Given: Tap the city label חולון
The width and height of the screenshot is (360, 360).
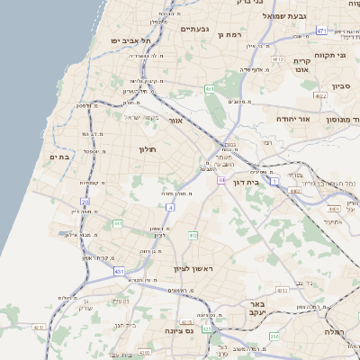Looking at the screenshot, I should tap(147, 148).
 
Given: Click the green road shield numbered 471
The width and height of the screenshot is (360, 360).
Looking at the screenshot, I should tap(321, 30).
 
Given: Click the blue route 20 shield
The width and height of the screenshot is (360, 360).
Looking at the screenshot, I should tap(85, 202).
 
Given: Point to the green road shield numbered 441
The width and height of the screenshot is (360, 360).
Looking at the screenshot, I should tap(118, 222).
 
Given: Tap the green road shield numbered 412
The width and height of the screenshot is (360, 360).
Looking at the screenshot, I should tap(193, 235).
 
